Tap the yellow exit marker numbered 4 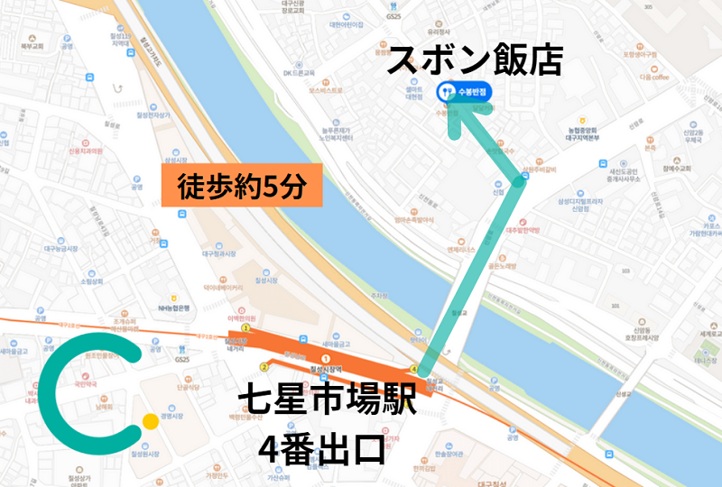pyautogui.click(x=414, y=369)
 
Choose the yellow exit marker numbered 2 pyautogui.click(x=264, y=367)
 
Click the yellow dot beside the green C pyautogui.click(x=150, y=421)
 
